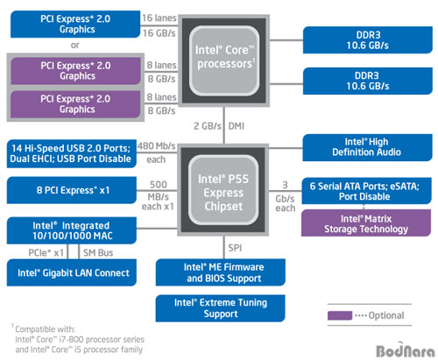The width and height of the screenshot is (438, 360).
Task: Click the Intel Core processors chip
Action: pos(223,60)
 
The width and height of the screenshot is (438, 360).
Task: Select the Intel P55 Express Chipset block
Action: pos(223,190)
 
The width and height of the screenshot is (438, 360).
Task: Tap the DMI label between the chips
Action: pos(237,126)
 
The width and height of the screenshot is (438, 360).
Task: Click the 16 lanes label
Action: pos(159,18)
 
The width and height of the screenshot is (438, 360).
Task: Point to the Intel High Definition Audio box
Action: pos(367,147)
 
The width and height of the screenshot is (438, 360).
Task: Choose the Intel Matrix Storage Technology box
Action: pos(366,222)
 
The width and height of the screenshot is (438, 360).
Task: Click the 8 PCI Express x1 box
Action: pos(72,190)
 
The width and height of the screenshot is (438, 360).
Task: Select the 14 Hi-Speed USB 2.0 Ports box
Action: pos(72,154)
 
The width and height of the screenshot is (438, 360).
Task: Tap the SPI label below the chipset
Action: pos(235,248)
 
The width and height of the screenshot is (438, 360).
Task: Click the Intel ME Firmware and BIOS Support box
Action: pos(221,272)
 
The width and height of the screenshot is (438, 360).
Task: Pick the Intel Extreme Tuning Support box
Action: pos(221,308)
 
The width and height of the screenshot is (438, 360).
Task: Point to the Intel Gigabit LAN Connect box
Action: pos(72,272)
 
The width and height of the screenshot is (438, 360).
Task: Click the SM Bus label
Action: pos(98,252)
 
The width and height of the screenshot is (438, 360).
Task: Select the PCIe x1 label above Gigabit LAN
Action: pos(46,252)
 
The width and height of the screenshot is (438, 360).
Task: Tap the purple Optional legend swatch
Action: pos(340,315)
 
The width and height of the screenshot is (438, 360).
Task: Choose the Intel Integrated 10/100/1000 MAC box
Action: pos(72,230)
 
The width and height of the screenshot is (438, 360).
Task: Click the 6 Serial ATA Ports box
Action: pos(366,191)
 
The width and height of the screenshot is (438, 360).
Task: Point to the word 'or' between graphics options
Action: pos(75,46)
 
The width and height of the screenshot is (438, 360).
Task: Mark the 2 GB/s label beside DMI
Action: pos(208,126)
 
